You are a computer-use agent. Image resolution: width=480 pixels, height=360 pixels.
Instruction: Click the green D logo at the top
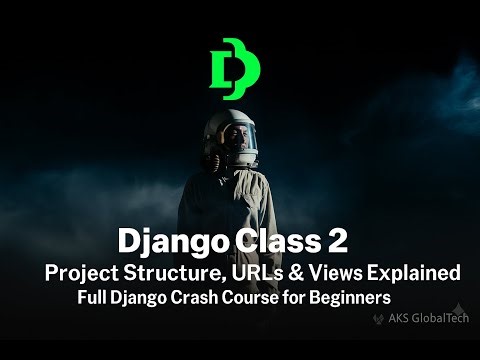click(235, 71)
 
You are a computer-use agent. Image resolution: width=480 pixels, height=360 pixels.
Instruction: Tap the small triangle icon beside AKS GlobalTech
click(379, 320)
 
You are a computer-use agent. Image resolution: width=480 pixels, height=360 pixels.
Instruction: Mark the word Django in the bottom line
click(150, 298)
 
